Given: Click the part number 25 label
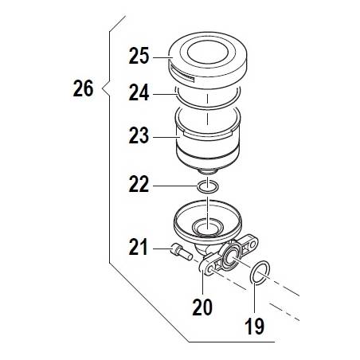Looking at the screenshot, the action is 139,56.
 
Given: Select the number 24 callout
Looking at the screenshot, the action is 139,92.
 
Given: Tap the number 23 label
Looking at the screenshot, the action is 139,135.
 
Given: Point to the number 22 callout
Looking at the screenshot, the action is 139,184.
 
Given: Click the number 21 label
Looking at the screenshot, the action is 138,247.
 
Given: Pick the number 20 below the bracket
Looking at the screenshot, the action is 202,307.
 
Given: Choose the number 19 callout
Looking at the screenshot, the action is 254,326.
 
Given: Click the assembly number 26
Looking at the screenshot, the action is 83,88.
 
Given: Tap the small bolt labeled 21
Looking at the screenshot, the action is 182,252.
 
